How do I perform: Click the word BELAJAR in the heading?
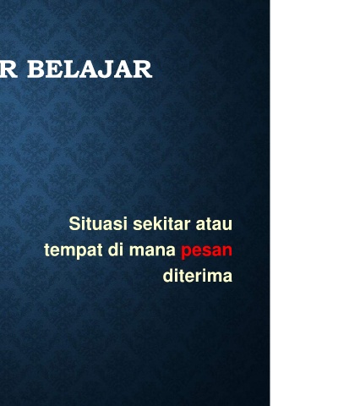click(x=90, y=69)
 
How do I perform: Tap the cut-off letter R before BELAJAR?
click(x=8, y=69)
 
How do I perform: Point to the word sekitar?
click(x=161, y=224)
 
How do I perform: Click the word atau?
click(x=214, y=224)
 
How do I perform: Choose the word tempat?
click(x=74, y=250)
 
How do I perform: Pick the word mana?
click(x=152, y=251)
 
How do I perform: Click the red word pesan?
click(x=207, y=251)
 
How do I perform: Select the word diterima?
click(x=198, y=276)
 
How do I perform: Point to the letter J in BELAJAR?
click(x=106, y=69)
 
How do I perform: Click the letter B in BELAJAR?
click(x=36, y=69)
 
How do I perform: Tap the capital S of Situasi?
click(x=75, y=223)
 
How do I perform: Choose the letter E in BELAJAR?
click(x=53, y=69)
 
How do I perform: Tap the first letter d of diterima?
click(x=167, y=276)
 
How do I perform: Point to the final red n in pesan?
click(x=228, y=250)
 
